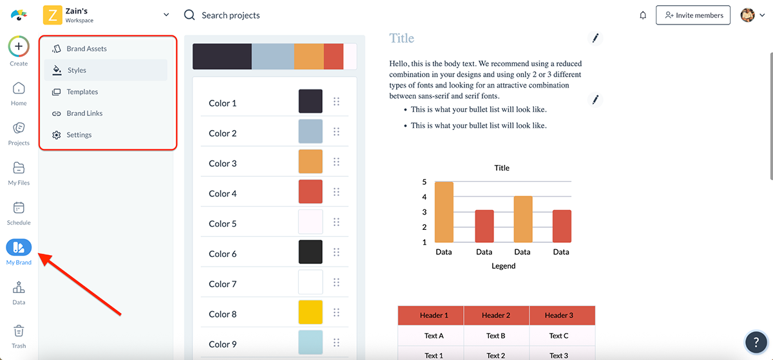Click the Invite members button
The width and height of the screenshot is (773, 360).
point(692,15)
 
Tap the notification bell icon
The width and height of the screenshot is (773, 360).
point(643,15)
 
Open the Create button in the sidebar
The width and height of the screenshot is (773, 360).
point(19,47)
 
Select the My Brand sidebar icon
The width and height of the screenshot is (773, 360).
point(19,247)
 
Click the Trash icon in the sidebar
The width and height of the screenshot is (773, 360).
point(19,331)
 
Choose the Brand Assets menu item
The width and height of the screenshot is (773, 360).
point(86,49)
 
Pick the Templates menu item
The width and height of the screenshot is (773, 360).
point(82,92)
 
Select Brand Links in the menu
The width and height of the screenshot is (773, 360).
point(84,113)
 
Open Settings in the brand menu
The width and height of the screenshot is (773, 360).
point(79,135)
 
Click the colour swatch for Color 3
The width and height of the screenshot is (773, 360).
point(310,162)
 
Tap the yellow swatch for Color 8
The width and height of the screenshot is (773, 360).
point(310,312)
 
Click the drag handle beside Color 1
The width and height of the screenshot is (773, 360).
point(336,102)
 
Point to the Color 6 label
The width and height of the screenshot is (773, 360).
point(223,254)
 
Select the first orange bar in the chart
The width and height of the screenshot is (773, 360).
point(444,213)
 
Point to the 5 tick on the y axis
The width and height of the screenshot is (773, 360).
point(425,182)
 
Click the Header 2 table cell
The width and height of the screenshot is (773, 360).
point(496,316)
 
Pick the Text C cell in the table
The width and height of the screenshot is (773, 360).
point(559,336)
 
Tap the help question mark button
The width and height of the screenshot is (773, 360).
point(755,342)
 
